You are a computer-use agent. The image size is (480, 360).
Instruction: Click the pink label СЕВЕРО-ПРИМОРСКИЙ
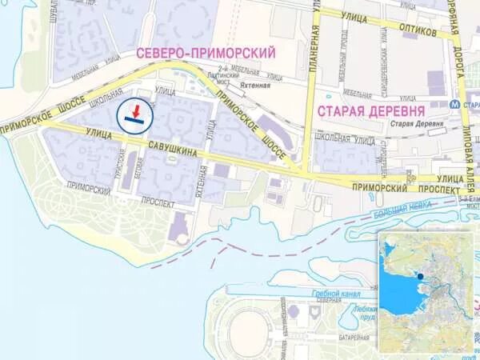coord(206,53)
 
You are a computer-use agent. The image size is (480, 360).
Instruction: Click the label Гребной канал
coord(328,293)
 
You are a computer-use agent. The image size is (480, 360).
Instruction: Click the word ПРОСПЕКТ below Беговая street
coord(156,204)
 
